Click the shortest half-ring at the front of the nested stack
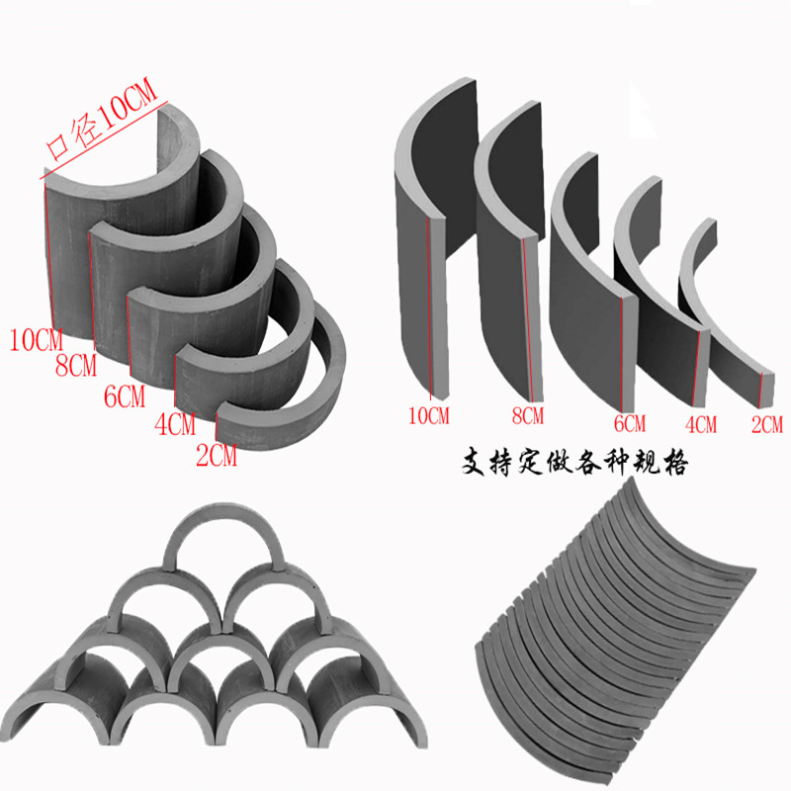[x=287, y=395]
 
